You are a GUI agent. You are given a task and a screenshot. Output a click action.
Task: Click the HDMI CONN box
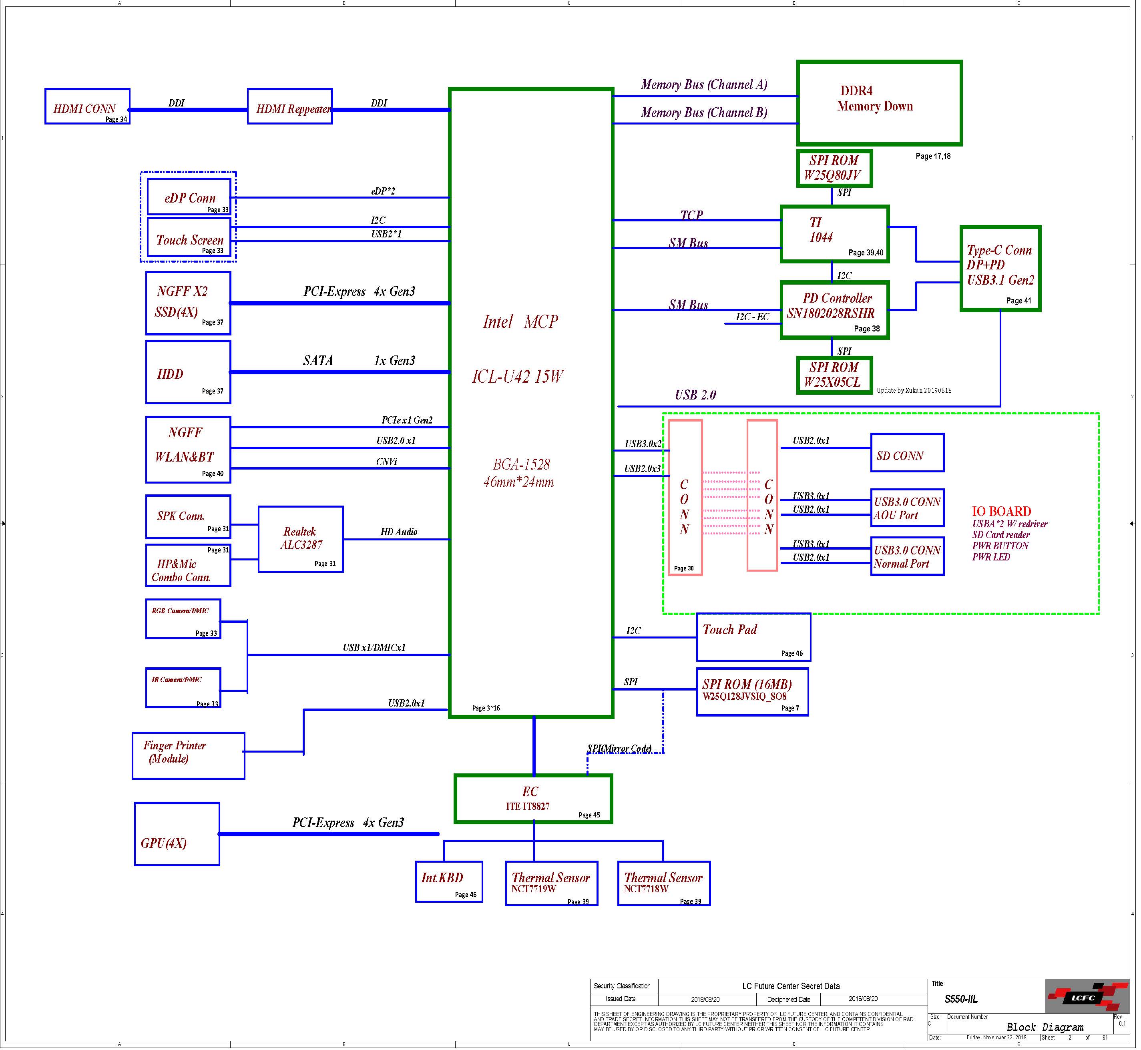(x=88, y=107)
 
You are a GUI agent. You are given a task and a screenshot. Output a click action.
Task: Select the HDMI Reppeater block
(x=290, y=107)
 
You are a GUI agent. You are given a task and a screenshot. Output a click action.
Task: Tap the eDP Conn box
(x=189, y=197)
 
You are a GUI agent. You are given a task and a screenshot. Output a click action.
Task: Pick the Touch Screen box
(x=189, y=237)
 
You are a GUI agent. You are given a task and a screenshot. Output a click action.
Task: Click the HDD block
(x=188, y=373)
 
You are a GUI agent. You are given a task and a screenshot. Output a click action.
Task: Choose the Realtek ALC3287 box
(x=301, y=540)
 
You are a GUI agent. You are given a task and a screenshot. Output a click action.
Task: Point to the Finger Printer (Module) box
(x=189, y=756)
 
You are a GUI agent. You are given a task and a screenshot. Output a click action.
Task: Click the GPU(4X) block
(x=177, y=835)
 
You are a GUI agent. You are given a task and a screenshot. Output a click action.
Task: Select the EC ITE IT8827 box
(x=534, y=799)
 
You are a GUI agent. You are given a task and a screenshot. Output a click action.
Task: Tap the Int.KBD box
(x=450, y=882)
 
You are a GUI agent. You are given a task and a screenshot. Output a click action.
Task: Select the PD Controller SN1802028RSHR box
(x=835, y=311)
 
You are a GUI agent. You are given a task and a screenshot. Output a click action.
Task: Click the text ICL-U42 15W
(x=518, y=377)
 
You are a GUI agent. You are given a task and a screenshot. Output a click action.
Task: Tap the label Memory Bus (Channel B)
(x=704, y=112)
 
